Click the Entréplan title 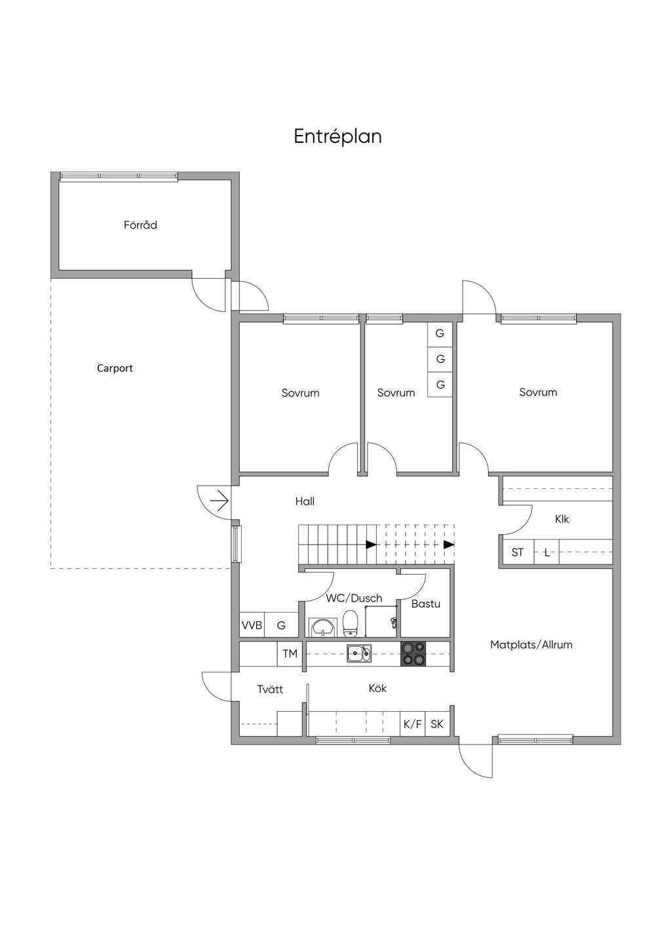point(337,137)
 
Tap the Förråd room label point(140,225)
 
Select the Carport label point(115,368)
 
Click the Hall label point(305,501)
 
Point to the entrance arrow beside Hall point(220,501)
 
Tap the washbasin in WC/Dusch point(323,627)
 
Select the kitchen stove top point(413,654)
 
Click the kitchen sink point(359,653)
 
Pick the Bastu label point(426,604)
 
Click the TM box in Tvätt point(290,654)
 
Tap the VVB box point(252,625)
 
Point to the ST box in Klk point(518,552)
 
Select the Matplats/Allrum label point(531,645)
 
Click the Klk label point(562,519)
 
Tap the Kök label point(377,688)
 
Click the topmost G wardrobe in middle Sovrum point(440,334)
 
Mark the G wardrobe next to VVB point(281,625)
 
